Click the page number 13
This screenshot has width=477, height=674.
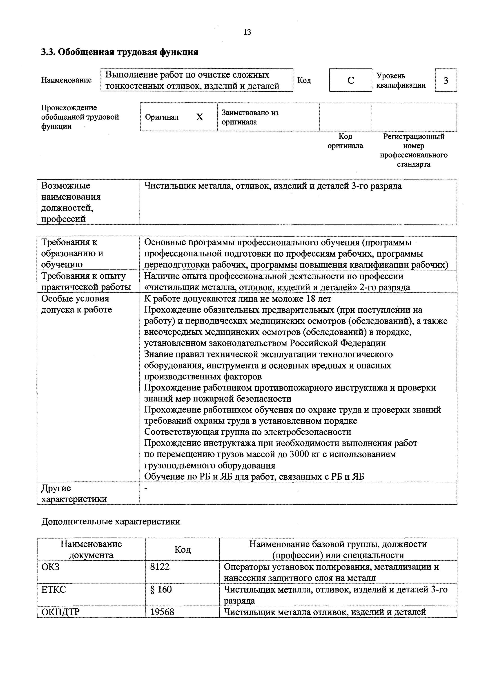[x=247, y=32]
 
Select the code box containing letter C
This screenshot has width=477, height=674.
[x=350, y=80]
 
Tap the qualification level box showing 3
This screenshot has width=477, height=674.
[x=446, y=80]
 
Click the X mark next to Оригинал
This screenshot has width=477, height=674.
[x=199, y=117]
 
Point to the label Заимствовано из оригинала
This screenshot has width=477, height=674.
[x=250, y=117]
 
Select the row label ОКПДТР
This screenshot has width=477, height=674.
[x=60, y=612]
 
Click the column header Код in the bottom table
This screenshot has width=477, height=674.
[x=182, y=549]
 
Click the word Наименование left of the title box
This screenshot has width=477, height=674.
[x=66, y=80]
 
